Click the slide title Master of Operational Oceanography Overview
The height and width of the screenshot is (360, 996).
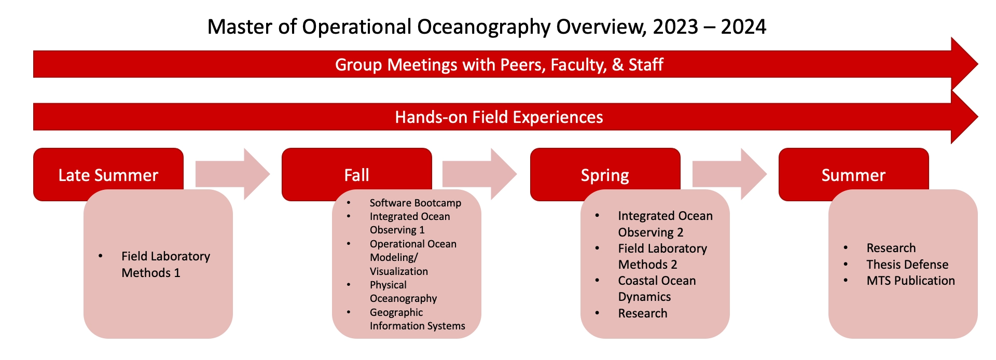487,27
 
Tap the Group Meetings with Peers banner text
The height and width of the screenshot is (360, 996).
499,65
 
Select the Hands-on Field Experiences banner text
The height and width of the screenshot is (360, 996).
499,117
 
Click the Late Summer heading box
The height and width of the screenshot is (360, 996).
108,175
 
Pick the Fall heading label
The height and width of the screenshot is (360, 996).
356,175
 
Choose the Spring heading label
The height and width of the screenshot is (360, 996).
605,175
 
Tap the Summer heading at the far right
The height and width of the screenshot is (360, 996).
853,175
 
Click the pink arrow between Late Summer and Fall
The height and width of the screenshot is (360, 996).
232,174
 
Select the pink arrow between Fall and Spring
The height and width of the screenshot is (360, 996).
479,174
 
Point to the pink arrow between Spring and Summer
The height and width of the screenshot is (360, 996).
729,174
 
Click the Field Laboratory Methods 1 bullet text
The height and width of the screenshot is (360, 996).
165,265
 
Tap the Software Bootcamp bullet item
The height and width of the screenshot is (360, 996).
415,203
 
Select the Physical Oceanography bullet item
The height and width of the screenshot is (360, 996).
403,292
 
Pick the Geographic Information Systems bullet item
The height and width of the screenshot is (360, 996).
417,319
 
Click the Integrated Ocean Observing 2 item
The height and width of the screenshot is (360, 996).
665,224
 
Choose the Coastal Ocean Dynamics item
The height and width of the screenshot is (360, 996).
657,288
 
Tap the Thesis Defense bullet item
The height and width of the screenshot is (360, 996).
907,265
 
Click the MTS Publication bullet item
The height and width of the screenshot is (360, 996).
910,281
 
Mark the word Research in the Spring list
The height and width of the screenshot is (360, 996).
643,313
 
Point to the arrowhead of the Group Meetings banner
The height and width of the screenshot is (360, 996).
977,64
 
